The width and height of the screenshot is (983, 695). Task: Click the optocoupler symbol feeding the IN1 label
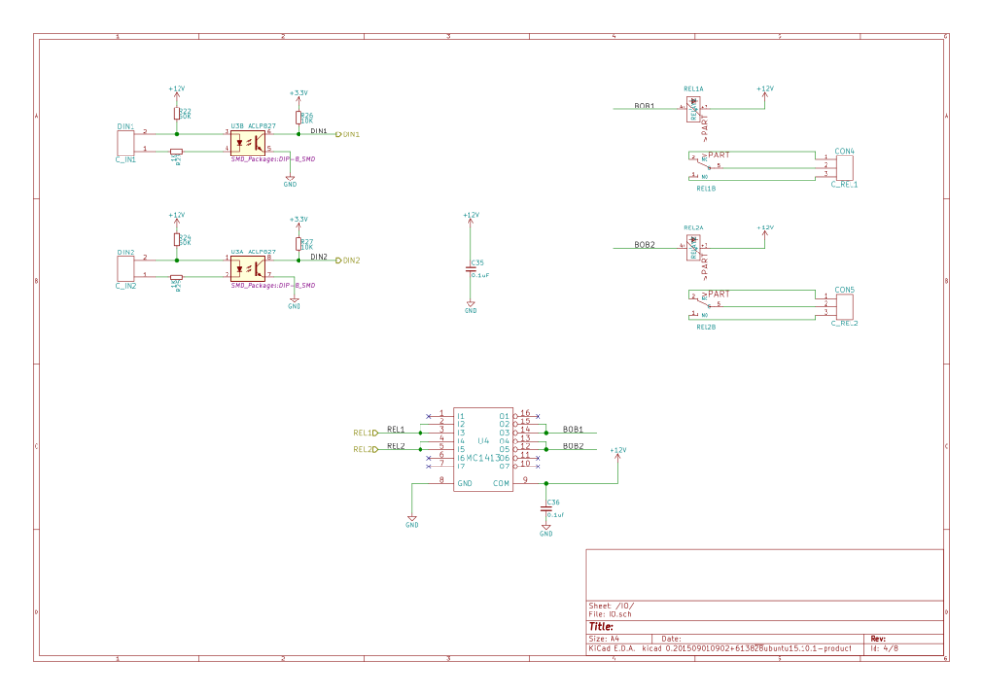coord(248,142)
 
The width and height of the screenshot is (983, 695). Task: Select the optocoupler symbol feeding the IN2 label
coord(248,268)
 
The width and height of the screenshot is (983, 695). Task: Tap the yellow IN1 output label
coord(348,134)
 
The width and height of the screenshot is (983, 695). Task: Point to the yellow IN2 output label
coord(348,260)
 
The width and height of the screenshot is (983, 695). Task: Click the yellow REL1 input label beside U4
coord(366,433)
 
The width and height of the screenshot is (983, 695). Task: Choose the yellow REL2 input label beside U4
coord(366,449)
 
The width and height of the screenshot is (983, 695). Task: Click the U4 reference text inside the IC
coord(483,441)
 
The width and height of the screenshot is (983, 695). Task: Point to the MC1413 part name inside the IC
coord(484,457)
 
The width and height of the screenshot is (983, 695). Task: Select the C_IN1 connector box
coord(126,142)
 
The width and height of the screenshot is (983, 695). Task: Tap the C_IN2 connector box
coord(126,268)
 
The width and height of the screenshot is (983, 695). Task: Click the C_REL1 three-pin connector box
coord(844,168)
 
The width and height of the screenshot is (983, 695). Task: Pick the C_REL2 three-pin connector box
coord(844,306)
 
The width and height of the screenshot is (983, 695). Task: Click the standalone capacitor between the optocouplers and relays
coord(470,269)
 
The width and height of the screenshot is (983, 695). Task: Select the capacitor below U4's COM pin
coord(546,509)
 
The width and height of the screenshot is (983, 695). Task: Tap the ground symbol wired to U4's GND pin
coord(412,519)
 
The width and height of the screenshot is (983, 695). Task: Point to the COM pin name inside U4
coord(501,484)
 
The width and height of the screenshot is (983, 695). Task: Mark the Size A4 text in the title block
coord(605,638)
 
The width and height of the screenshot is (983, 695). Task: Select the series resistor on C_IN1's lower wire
coord(176,151)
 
